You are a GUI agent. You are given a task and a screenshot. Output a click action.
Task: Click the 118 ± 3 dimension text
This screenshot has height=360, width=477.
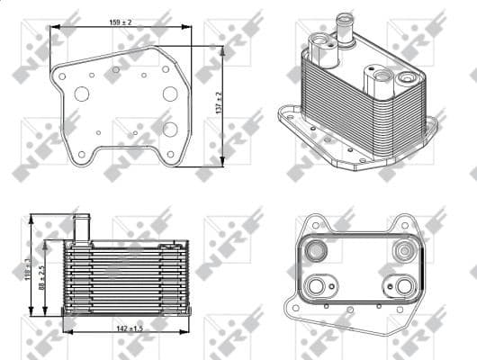click(x=29, y=267)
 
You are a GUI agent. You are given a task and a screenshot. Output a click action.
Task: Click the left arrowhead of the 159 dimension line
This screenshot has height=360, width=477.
click(x=54, y=27)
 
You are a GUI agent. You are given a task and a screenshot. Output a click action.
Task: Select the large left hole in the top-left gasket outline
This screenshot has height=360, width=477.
click(x=82, y=94)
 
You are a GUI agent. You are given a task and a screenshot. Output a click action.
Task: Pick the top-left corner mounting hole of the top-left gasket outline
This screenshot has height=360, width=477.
click(x=62, y=76)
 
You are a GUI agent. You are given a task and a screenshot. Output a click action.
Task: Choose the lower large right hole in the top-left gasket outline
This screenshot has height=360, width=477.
click(x=170, y=129)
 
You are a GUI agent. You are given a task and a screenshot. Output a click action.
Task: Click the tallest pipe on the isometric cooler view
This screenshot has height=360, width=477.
click(x=342, y=27)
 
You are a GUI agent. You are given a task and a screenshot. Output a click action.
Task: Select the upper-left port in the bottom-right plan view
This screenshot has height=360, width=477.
click(x=319, y=249)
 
